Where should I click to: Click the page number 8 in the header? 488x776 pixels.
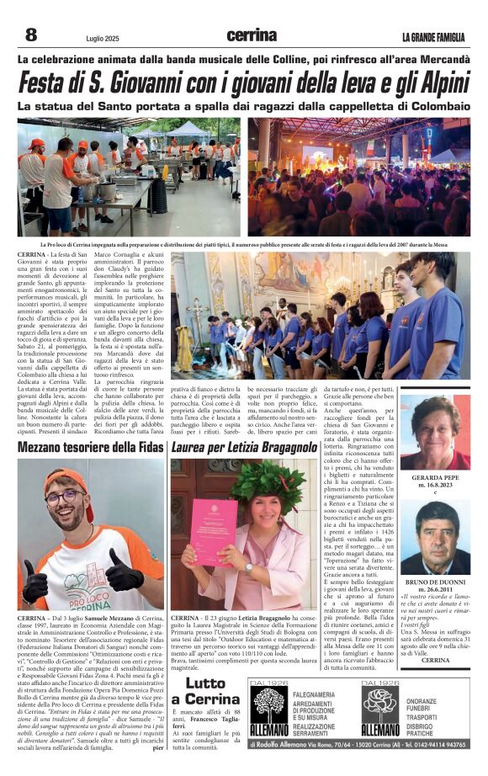coord(30,35)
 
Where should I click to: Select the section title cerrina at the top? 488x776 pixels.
coord(251,35)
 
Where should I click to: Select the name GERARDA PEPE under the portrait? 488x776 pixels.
coord(435,476)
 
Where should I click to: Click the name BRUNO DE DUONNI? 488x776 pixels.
coord(435,581)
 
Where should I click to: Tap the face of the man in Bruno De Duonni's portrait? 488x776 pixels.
coord(436,541)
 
